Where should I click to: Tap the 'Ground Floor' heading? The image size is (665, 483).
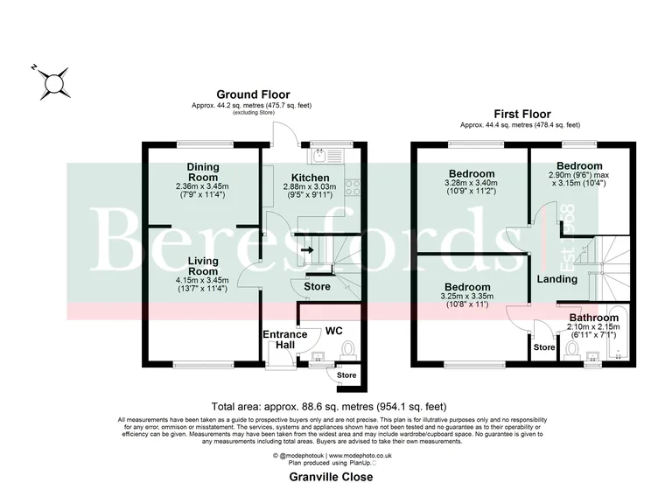(253, 94)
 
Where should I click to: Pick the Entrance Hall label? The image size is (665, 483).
(285, 340)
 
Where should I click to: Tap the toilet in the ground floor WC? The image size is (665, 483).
(349, 349)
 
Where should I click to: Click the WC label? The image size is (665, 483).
(334, 332)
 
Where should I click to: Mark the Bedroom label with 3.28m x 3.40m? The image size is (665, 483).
(472, 173)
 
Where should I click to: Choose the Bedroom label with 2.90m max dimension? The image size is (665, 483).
(579, 166)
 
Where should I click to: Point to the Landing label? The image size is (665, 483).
(556, 279)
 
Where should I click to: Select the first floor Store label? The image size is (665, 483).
(543, 347)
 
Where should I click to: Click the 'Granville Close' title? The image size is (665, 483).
(332, 477)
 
